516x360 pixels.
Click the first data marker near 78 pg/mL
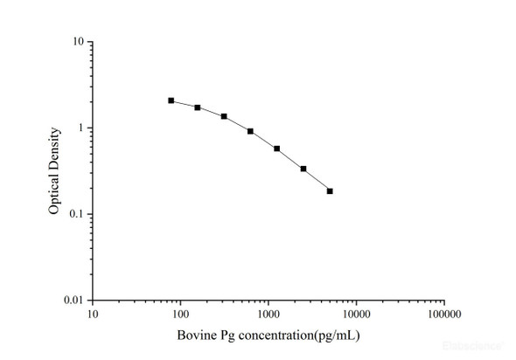(171, 100)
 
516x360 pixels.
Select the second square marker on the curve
(198, 107)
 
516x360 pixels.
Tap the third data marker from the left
(224, 116)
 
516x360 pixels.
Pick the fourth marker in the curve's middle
(250, 131)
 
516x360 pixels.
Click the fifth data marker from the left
(277, 149)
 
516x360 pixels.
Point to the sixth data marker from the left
(303, 169)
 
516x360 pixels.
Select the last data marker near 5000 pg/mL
(330, 190)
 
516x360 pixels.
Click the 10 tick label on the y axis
(78, 42)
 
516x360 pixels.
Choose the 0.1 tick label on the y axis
(77, 214)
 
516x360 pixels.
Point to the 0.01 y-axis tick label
(74, 301)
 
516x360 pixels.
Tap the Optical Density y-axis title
(54, 171)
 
